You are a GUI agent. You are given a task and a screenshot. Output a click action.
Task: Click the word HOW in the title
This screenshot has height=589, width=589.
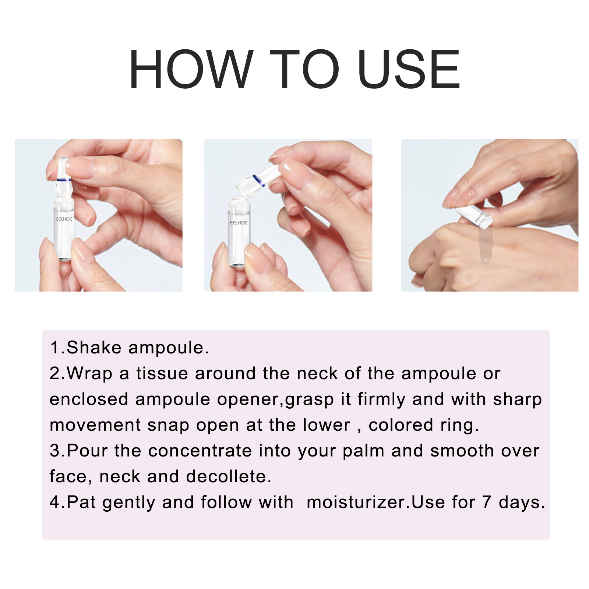tap(191, 70)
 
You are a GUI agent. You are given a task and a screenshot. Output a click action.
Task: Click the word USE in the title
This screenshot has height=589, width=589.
tap(409, 70)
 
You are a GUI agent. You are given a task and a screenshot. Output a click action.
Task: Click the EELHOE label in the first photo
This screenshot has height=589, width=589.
tap(64, 219)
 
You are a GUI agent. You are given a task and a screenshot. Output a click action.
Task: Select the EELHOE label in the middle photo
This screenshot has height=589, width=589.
tap(239, 223)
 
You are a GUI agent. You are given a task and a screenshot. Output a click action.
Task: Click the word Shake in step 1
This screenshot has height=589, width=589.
tap(94, 348)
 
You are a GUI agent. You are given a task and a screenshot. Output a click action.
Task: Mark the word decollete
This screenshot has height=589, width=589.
tap(228, 477)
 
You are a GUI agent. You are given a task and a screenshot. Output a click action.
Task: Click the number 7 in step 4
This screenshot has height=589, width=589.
tap(487, 502)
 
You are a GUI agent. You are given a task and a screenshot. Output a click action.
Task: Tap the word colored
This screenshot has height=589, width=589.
tap(401, 425)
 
